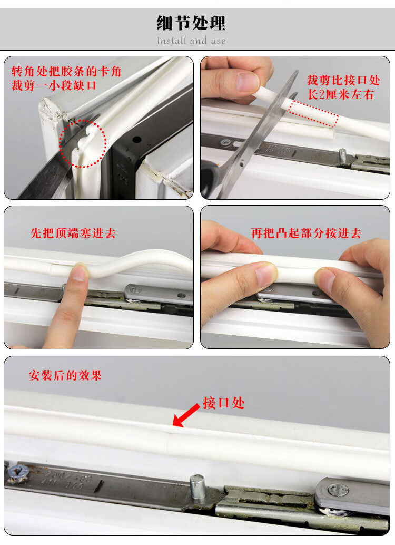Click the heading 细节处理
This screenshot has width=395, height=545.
(191, 23)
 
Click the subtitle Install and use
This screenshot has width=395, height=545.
(191, 41)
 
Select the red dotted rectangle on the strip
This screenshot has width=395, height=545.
(313, 113)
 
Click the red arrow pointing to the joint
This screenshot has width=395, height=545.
(186, 415)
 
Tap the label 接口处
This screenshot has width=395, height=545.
(224, 403)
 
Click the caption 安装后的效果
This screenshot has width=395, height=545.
(65, 375)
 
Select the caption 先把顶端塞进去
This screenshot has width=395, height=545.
(73, 233)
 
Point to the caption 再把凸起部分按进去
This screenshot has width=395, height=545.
(306, 233)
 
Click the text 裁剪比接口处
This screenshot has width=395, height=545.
(343, 80)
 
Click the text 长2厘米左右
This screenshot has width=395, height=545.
(340, 94)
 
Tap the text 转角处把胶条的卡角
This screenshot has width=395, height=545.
(66, 71)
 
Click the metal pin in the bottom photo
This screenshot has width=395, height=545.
(197, 486)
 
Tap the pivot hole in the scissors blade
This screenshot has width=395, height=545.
(242, 162)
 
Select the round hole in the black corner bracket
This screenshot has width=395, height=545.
(137, 139)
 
